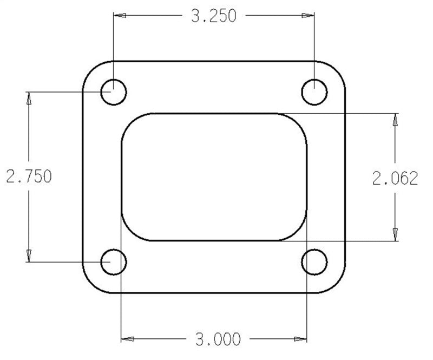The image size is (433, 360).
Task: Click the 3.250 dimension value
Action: [214, 16]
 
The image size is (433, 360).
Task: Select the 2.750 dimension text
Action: [28, 177]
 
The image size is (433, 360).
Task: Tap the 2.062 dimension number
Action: [395, 178]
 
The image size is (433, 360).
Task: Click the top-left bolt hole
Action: [114, 92]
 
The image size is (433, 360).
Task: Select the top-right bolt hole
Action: [314, 92]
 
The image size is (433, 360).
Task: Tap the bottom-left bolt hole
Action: [114, 262]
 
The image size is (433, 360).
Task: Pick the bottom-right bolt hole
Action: [314, 262]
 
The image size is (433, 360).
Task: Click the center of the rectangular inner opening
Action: [214, 177]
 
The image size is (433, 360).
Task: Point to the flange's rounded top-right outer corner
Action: [338, 69]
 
